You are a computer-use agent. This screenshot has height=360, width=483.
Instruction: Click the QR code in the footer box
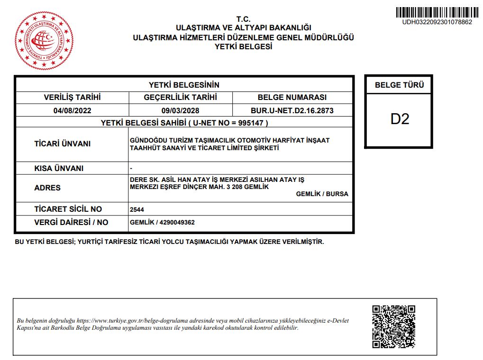393,327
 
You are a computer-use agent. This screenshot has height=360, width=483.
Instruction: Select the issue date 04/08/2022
72,111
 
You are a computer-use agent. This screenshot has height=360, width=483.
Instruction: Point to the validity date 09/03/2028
180,111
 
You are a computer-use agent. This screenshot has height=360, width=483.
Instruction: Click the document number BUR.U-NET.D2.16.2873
292,111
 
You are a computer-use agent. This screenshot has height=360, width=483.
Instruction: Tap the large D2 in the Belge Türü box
400,119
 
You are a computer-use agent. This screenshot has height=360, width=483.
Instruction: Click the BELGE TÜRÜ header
399,85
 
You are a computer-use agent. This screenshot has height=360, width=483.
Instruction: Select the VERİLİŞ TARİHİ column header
72,98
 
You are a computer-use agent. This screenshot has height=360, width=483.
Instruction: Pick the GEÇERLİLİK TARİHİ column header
180,98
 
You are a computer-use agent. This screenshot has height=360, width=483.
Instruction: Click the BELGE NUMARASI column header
292,98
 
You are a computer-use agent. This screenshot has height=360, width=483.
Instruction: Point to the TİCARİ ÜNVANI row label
62,144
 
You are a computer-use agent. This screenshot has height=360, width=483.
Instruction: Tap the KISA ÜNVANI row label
59,168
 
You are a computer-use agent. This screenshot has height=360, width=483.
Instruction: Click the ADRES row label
47,188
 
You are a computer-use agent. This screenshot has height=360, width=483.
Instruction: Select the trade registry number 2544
137,209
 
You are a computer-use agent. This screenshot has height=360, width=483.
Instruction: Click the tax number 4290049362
176,222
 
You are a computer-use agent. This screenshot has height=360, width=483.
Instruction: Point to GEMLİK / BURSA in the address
322,194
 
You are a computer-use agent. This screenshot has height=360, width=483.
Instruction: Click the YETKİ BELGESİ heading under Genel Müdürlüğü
243,46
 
